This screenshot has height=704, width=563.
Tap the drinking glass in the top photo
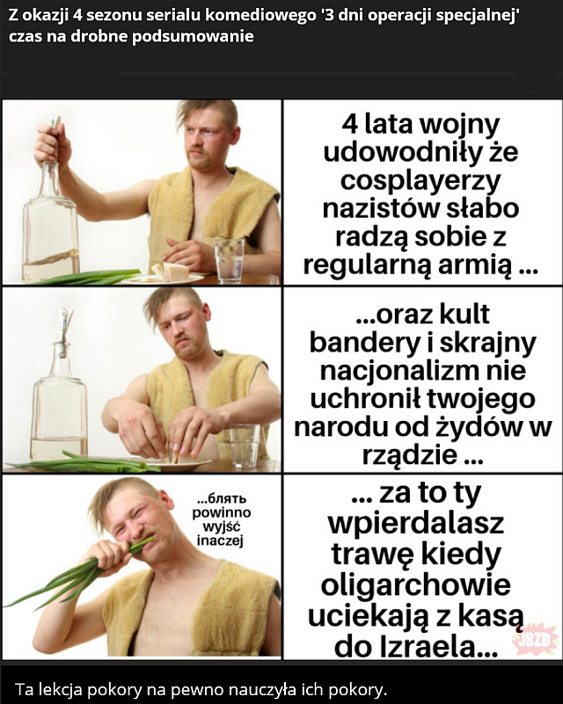pyautogui.click(x=229, y=260)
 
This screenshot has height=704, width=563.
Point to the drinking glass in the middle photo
pyautogui.click(x=245, y=446)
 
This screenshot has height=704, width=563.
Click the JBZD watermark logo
pyautogui.click(x=536, y=638)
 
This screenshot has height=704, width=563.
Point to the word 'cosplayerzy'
pyautogui.click(x=420, y=180)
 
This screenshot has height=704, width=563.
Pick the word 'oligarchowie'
pyautogui.click(x=415, y=584)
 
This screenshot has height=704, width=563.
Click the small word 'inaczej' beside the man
pyautogui.click(x=220, y=541)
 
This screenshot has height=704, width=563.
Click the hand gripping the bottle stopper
pyautogui.click(x=52, y=143)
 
